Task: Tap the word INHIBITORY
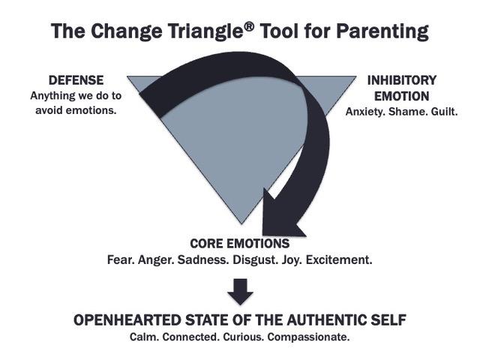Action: (401, 80)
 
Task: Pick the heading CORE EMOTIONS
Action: (239, 244)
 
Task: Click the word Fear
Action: (121, 261)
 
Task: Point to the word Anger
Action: (158, 261)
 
